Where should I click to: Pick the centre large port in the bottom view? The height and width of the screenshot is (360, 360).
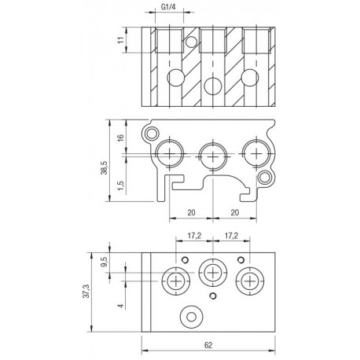point(211,273)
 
